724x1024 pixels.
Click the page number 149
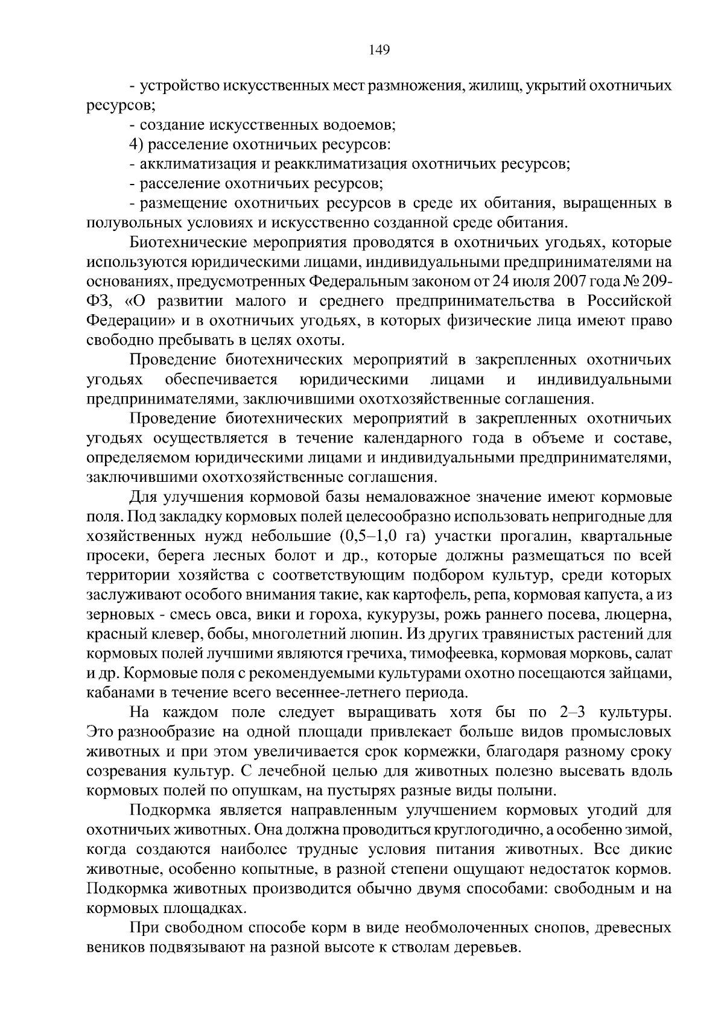pyautogui.click(x=379, y=50)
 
